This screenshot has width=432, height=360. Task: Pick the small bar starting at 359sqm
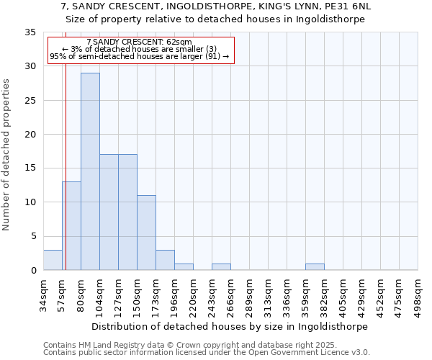[x=315, y=266]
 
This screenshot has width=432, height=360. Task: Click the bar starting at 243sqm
[x=221, y=266]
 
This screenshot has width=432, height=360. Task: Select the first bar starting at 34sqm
[x=53, y=260]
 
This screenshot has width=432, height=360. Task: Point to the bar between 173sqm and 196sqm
[x=165, y=260]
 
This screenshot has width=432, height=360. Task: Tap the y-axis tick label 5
[x=33, y=236]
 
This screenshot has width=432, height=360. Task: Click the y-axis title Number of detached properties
[x=7, y=155]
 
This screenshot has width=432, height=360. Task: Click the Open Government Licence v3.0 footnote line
[x=206, y=353]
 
